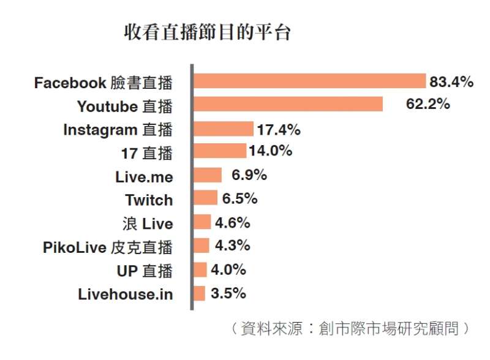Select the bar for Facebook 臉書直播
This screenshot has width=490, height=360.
[x=309, y=81]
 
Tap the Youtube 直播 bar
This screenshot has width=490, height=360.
[x=288, y=104]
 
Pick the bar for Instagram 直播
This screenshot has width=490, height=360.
[x=224, y=129]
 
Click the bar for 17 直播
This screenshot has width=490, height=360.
[x=220, y=151]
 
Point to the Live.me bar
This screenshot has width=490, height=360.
[x=208, y=176]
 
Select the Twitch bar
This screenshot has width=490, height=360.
[x=206, y=198]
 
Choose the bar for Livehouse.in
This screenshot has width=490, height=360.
[x=200, y=293]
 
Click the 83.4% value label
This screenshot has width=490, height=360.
[x=451, y=81]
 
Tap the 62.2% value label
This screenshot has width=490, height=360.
[x=428, y=104]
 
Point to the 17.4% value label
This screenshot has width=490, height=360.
[x=278, y=129]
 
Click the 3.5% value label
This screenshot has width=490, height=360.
[x=228, y=293]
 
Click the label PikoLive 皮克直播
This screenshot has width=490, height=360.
[x=108, y=247]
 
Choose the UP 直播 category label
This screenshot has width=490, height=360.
[x=145, y=271]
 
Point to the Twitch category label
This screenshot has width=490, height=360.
[x=149, y=200]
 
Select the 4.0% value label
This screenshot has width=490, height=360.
[x=228, y=269]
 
